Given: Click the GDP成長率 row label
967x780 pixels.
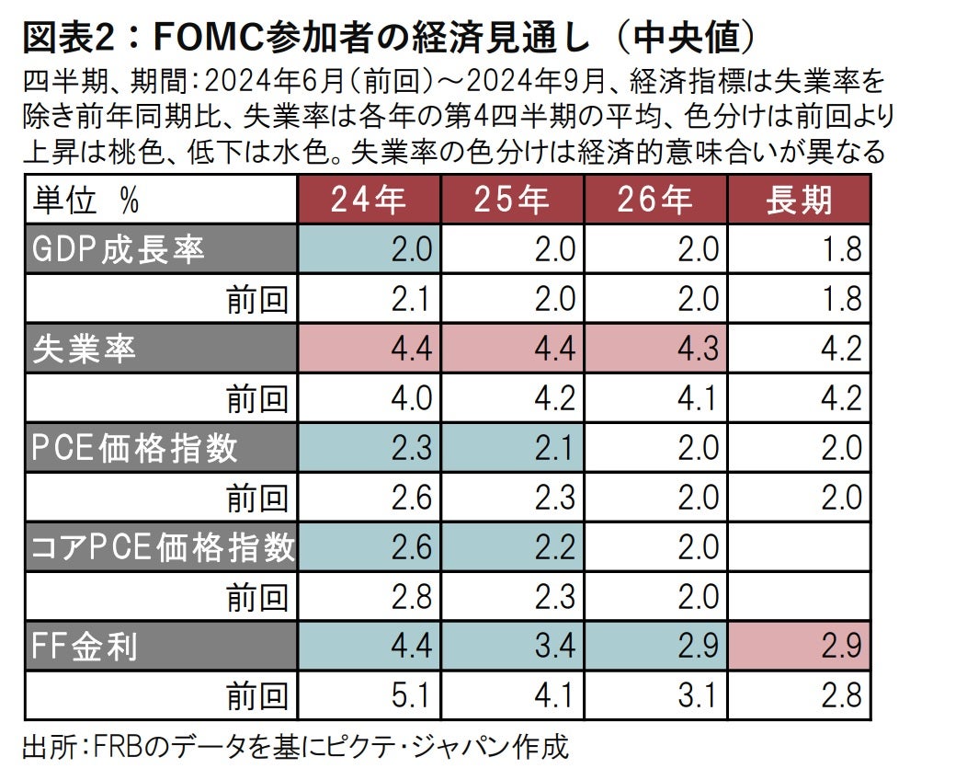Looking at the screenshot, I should pyautogui.click(x=119, y=249).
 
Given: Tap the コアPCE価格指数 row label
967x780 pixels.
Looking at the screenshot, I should pyautogui.click(x=162, y=547).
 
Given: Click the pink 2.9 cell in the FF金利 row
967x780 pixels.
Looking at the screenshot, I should pyautogui.click(x=841, y=647).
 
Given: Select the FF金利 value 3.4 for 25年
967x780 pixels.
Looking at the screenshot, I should pyautogui.click(x=554, y=647).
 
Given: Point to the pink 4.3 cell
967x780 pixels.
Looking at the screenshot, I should pyautogui.click(x=698, y=349).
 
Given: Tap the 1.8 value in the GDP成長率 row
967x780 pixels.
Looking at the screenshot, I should pyautogui.click(x=841, y=249).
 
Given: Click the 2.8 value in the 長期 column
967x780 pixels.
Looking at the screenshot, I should pyautogui.click(x=841, y=696).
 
